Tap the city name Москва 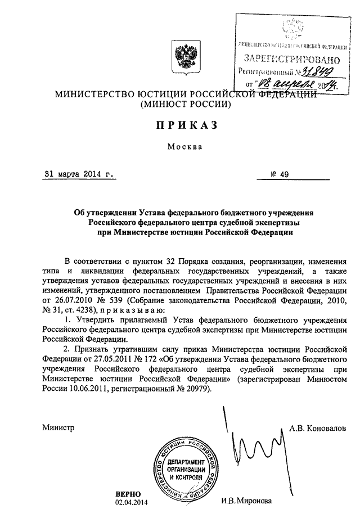pyautogui.click(x=180, y=147)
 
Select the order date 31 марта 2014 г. pyautogui.click(x=79, y=174)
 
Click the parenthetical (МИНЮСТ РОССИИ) pyautogui.click(x=181, y=104)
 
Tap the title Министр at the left pyautogui.click(x=58, y=427)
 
